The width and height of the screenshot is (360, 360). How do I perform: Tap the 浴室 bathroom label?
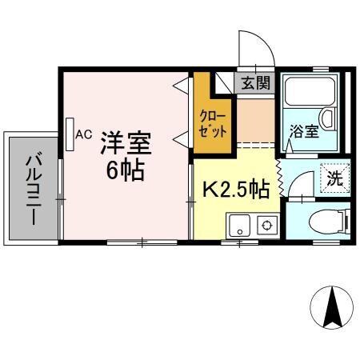click(x=305, y=131)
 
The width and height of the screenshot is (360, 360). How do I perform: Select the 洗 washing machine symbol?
click(x=332, y=178)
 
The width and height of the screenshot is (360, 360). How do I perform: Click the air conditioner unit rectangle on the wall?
click(x=70, y=133)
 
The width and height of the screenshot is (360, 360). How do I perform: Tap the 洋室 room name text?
click(x=126, y=144)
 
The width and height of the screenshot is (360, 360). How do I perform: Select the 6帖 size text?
click(x=126, y=170)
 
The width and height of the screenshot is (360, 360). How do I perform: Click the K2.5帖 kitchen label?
click(x=234, y=190)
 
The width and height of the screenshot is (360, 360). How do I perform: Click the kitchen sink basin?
click(x=239, y=226)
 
